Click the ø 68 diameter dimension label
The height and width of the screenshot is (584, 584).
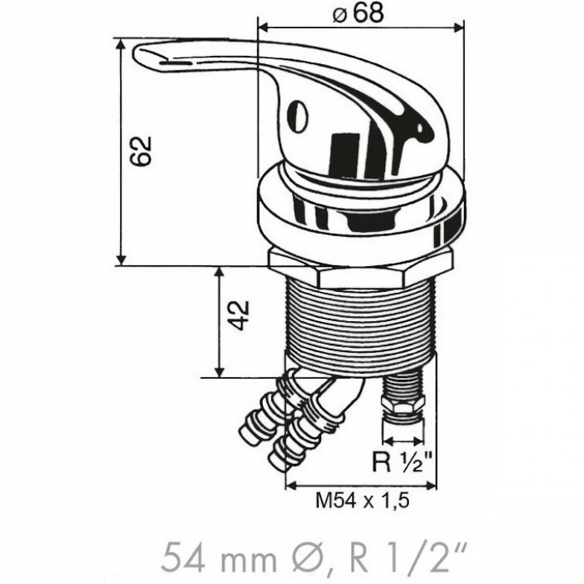pyautogui.click(x=358, y=14)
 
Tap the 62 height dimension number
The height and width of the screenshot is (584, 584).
pyautogui.click(x=141, y=151)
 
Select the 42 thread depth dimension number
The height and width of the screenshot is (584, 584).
pyautogui.click(x=238, y=315)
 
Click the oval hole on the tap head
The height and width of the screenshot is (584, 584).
pyautogui.click(x=298, y=116)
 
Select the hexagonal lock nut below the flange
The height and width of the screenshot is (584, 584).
pyautogui.click(x=360, y=269)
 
